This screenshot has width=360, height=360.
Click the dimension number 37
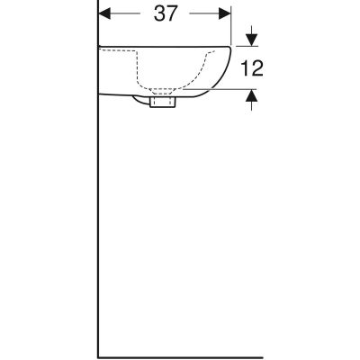coord(164,14)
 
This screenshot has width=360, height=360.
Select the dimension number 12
coord(252,68)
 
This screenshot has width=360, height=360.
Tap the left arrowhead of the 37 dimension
coord(102,14)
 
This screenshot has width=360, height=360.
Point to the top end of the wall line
coord(97,2)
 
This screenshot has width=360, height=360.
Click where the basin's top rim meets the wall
coord(98,45)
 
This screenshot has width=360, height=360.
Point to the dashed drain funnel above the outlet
coord(163,90)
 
